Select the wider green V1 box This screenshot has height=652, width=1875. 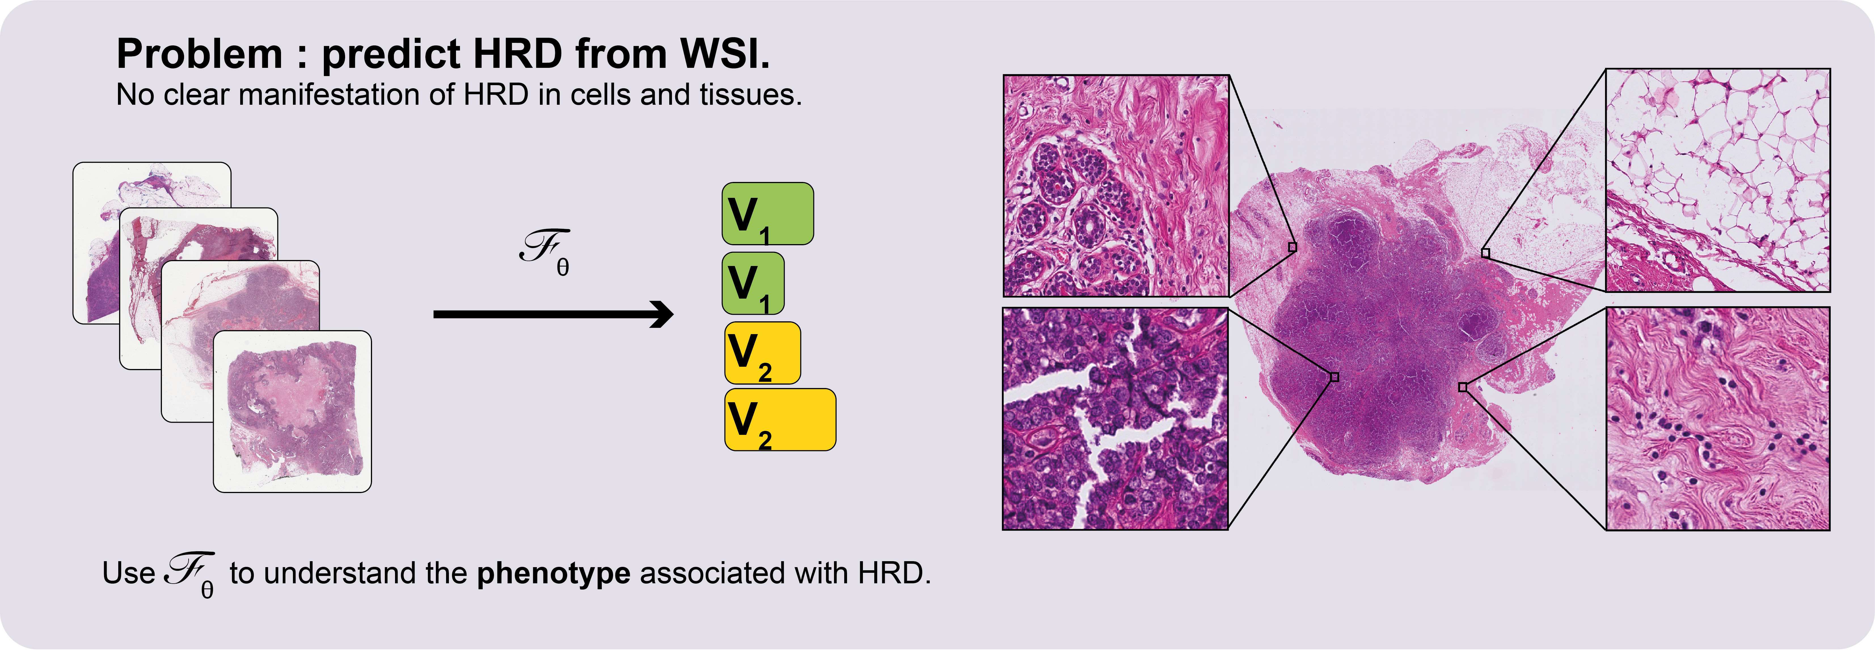click(x=767, y=213)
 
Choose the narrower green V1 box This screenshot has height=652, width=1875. click(x=753, y=283)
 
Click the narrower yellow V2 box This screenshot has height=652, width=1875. click(x=762, y=353)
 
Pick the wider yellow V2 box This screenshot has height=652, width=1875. click(x=780, y=420)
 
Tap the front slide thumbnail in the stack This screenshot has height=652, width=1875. click(x=292, y=412)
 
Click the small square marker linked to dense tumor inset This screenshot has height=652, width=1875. click(x=1334, y=377)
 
